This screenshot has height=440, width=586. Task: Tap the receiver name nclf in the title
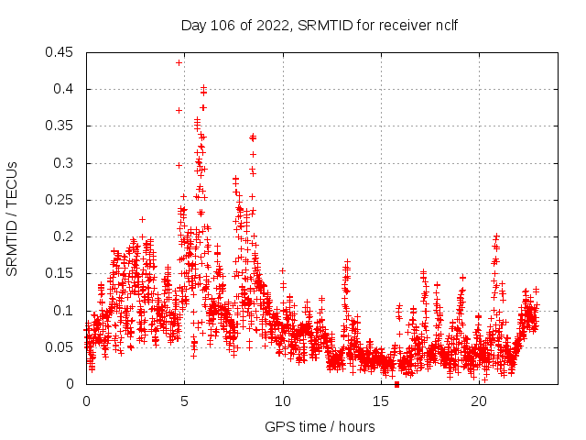(444, 24)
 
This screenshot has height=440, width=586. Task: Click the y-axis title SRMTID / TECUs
(13, 218)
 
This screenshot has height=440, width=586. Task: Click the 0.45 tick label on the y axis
(61, 52)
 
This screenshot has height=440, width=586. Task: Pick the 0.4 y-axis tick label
(65, 89)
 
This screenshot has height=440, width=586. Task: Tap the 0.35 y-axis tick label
(61, 126)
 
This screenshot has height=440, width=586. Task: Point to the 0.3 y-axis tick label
(65, 163)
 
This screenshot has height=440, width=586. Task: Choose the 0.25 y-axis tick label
(61, 200)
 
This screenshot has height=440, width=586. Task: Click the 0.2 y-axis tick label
(65, 236)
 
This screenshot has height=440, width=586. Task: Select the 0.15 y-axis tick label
(61, 273)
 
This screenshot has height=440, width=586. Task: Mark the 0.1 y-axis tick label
(65, 311)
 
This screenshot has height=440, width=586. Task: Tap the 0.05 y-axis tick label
(61, 347)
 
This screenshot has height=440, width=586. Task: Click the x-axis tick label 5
(184, 401)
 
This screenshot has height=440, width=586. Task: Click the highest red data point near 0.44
(179, 62)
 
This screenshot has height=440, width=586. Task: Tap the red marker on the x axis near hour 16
(396, 384)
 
